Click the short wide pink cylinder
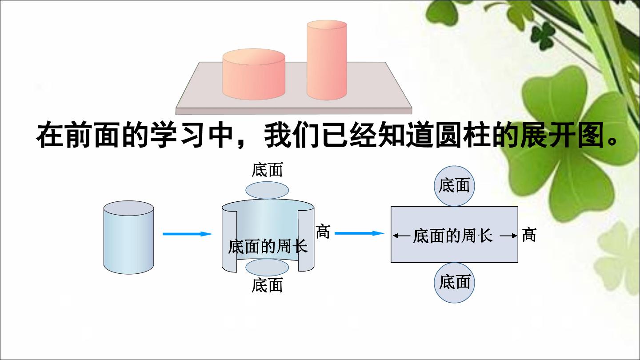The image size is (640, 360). tap(254, 74)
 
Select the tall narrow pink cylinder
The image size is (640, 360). tap(327, 60)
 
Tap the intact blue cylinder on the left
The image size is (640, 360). tap(128, 237)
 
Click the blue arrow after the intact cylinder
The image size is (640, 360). tap(188, 234)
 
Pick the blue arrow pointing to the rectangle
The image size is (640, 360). tap(360, 233)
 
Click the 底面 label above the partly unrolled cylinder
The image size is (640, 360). tap(267, 169)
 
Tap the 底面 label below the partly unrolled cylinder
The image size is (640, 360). tap(267, 285)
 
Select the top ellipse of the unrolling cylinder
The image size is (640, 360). tap(267, 190)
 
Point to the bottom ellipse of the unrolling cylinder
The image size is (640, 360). tap(267, 268)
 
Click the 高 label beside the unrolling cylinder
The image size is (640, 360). tap(323, 231)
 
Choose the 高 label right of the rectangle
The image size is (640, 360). tap(529, 235)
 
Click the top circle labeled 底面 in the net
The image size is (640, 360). tap(454, 186)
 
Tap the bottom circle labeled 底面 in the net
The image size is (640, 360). tap(454, 283)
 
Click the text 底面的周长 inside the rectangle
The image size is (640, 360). tap(453, 236)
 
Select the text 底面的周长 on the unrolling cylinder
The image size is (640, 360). tap(268, 246)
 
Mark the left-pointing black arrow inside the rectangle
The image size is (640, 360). tap(401, 236)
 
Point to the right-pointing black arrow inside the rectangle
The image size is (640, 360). tap(508, 236)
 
